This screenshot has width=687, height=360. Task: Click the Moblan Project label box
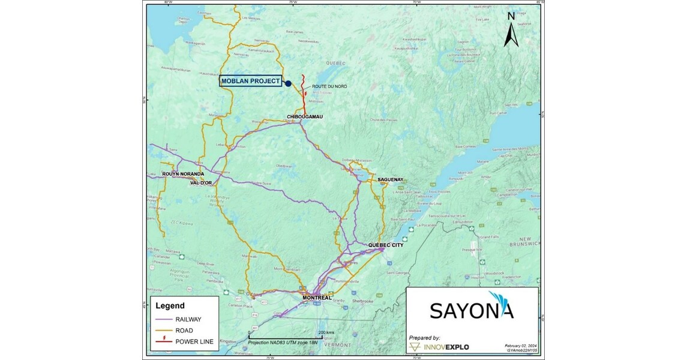(251, 82)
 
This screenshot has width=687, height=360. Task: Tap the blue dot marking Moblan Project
(288, 84)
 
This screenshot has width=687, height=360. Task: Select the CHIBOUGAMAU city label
(305, 117)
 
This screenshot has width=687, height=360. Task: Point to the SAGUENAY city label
(390, 179)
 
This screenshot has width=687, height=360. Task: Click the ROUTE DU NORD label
(329, 86)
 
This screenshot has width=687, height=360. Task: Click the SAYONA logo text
(472, 309)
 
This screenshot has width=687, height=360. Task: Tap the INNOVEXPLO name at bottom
(449, 347)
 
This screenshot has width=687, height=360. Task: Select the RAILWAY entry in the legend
(190, 320)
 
